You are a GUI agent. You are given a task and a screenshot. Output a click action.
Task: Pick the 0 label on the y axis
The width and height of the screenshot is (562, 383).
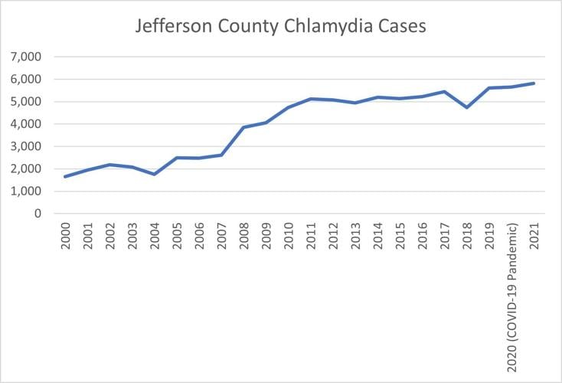[36, 214]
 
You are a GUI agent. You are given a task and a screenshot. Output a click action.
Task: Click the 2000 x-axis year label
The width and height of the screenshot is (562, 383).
[65, 239]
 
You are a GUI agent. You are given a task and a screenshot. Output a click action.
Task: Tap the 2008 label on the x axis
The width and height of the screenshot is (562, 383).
[243, 239]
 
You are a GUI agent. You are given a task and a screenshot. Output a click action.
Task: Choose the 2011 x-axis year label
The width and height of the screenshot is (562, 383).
[310, 239]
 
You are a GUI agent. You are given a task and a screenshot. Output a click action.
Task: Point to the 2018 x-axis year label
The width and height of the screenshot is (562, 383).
[466, 239]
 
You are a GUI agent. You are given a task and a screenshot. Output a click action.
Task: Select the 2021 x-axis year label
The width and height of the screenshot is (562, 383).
[534, 239]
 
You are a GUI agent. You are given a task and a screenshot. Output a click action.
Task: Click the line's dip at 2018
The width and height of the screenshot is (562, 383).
[466, 107]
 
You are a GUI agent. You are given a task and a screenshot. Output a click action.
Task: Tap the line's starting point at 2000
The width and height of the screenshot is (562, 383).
[65, 177]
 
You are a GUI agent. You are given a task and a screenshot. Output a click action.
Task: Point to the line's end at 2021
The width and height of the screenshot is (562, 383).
[534, 83]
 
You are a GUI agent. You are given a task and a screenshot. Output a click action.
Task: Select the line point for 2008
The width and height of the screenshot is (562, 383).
[243, 127]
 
